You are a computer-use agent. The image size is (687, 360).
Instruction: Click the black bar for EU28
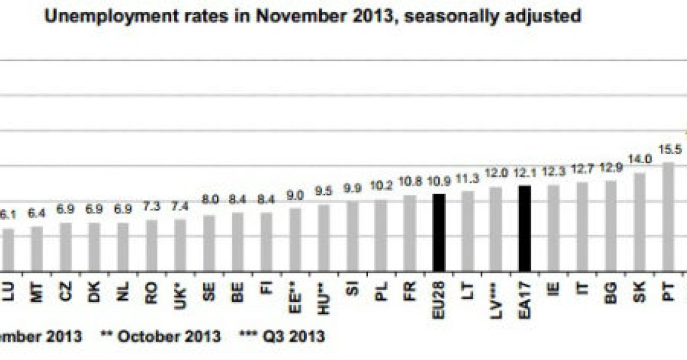tap(439, 233)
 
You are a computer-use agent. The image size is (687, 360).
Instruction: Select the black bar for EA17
tap(524, 228)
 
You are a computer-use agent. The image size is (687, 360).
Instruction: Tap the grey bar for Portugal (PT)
tap(668, 217)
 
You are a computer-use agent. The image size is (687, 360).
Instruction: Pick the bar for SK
tap(639, 222)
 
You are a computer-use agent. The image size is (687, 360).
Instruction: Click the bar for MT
tap(37, 249)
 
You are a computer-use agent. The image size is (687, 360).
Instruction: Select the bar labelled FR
tap(409, 233)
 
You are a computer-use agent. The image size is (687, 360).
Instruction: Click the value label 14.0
tap(639, 160)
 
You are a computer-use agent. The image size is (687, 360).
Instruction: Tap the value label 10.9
tap(439, 182)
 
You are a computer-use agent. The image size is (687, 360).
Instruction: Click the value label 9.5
tap(324, 191)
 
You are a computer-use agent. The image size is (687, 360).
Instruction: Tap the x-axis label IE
tap(554, 289)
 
